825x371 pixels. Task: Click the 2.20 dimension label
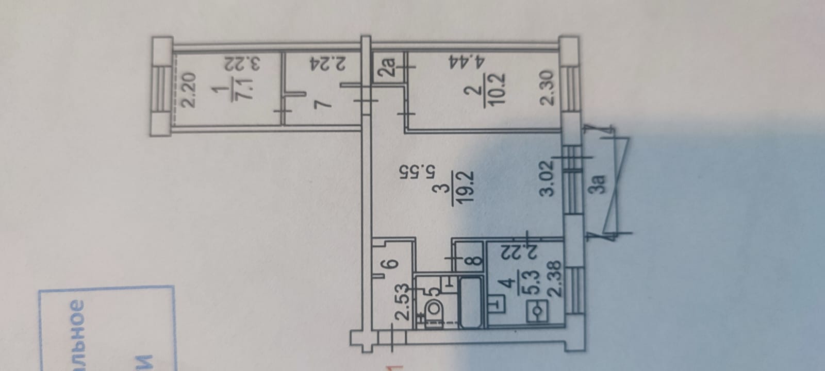tap(189, 89)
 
